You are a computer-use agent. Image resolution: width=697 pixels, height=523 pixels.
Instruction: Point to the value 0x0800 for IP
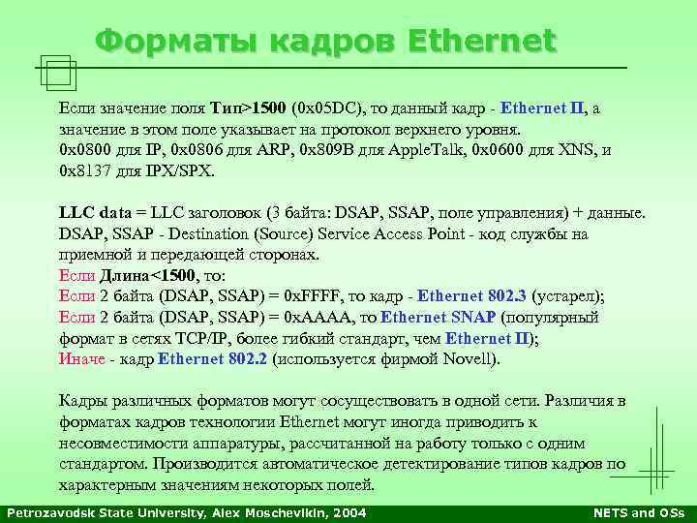coord(84,151)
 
